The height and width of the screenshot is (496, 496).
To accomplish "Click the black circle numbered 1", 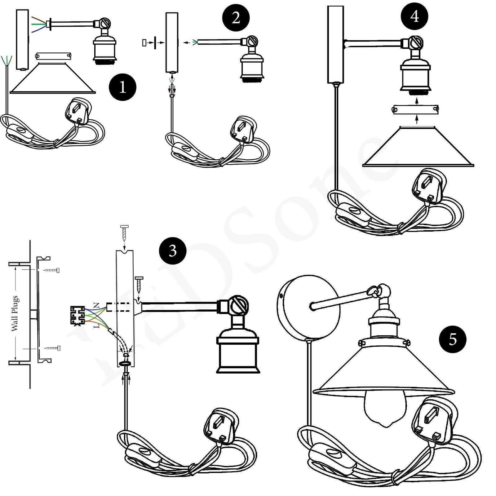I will coord(123,87).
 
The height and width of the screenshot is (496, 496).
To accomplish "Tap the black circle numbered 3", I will coord(173,250).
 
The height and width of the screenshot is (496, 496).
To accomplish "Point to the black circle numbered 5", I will coord(453,339).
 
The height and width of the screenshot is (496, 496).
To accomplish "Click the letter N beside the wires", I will coord(96,305).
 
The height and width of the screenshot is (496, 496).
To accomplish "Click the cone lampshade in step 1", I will coord(53,77).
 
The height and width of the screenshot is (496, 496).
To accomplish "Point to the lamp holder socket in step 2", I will coord(252,67).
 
